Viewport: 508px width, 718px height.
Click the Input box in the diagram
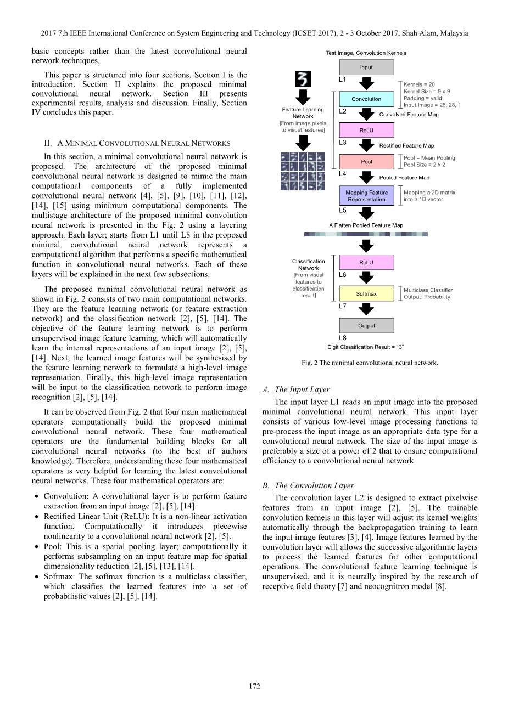pyautogui.click(x=366, y=67)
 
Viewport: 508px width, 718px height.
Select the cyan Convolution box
pyautogui.click(x=366, y=99)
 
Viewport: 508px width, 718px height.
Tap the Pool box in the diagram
pyautogui.click(x=366, y=162)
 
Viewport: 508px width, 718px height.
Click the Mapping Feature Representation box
pyautogui.click(x=366, y=196)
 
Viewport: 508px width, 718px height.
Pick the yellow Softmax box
pyautogui.click(x=366, y=294)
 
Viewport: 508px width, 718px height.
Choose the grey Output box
pyautogui.click(x=366, y=326)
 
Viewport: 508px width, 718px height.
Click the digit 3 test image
pyautogui.click(x=303, y=80)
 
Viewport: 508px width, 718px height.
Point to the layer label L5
pyautogui.click(x=343, y=210)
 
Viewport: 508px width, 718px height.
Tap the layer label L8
pyautogui.click(x=343, y=338)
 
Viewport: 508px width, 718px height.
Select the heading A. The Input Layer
pyautogui.click(x=296, y=389)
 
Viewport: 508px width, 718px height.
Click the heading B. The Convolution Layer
pyautogui.click(x=308, y=485)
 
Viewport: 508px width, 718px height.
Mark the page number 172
pyautogui.click(x=254, y=686)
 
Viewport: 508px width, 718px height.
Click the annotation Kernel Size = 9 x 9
pyautogui.click(x=427, y=92)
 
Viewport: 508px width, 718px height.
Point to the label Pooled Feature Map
pyautogui.click(x=404, y=178)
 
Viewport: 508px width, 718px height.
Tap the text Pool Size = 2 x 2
pyautogui.click(x=424, y=165)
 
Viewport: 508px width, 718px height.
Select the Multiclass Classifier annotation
pyautogui.click(x=428, y=290)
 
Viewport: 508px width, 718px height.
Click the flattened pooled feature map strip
pyautogui.click(x=366, y=234)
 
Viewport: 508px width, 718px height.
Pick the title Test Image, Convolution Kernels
pyautogui.click(x=366, y=53)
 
